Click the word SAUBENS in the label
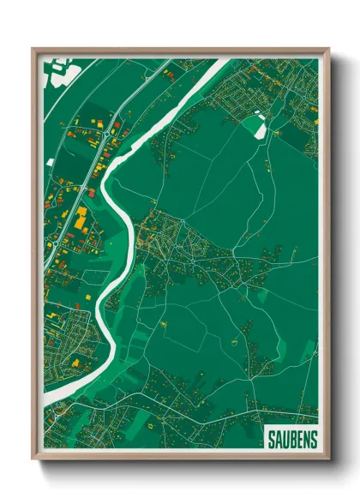click(x=291, y=439)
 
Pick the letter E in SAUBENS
click(x=299, y=439)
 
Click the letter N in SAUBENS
click(x=307, y=439)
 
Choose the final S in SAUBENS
click(x=315, y=439)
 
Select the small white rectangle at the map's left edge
click(x=51, y=162)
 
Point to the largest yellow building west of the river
click(x=80, y=220)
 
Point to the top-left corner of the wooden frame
click(x=33, y=49)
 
